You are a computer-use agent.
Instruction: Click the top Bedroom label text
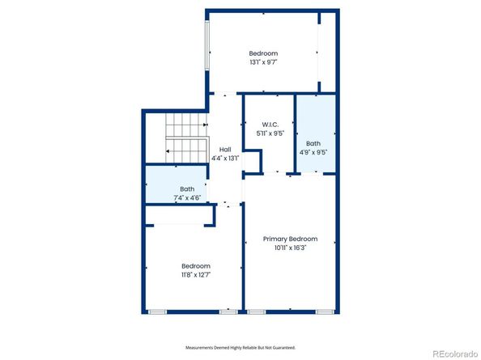tap(263, 53)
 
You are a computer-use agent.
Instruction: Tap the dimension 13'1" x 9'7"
tap(263, 62)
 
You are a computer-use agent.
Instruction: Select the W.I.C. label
tap(270, 125)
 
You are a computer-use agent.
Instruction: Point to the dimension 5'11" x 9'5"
tap(270, 133)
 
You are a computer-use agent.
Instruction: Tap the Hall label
tap(226, 150)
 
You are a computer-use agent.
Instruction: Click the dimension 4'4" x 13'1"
tap(226, 159)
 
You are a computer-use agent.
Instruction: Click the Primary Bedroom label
tap(290, 239)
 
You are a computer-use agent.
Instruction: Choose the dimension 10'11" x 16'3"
tap(290, 248)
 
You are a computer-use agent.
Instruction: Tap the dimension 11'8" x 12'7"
tap(196, 275)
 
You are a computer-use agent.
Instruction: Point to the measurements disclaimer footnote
tap(240, 347)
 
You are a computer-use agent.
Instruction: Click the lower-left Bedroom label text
tap(196, 266)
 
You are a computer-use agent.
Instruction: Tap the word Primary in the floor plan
tap(276, 239)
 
